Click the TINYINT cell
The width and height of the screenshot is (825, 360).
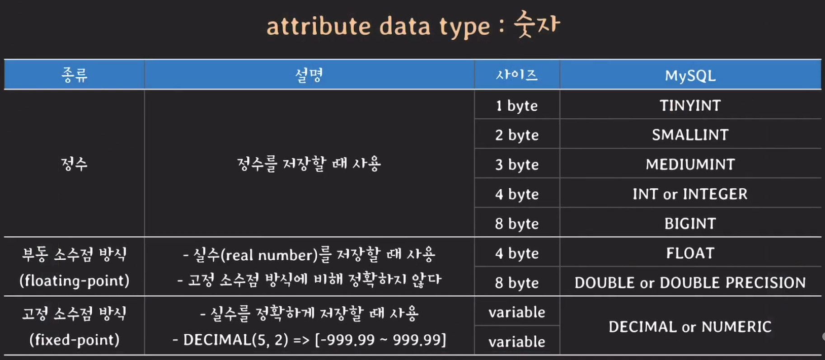690,105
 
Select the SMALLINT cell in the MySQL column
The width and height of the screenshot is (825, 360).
690,135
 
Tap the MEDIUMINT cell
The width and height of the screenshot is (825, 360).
690,164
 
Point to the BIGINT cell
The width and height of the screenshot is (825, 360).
690,224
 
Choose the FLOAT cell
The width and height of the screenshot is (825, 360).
690,253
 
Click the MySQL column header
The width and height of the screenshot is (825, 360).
690,75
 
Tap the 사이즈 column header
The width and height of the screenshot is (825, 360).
517,75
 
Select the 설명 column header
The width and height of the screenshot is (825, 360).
309,75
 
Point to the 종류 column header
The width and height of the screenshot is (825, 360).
75,75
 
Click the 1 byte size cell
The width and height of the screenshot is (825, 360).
517,106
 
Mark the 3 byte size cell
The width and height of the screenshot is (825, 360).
517,165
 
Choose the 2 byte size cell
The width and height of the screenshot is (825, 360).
517,135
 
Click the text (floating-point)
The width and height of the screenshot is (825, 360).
75,281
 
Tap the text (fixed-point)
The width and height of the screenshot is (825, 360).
75,340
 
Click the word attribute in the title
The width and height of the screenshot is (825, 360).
318,26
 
